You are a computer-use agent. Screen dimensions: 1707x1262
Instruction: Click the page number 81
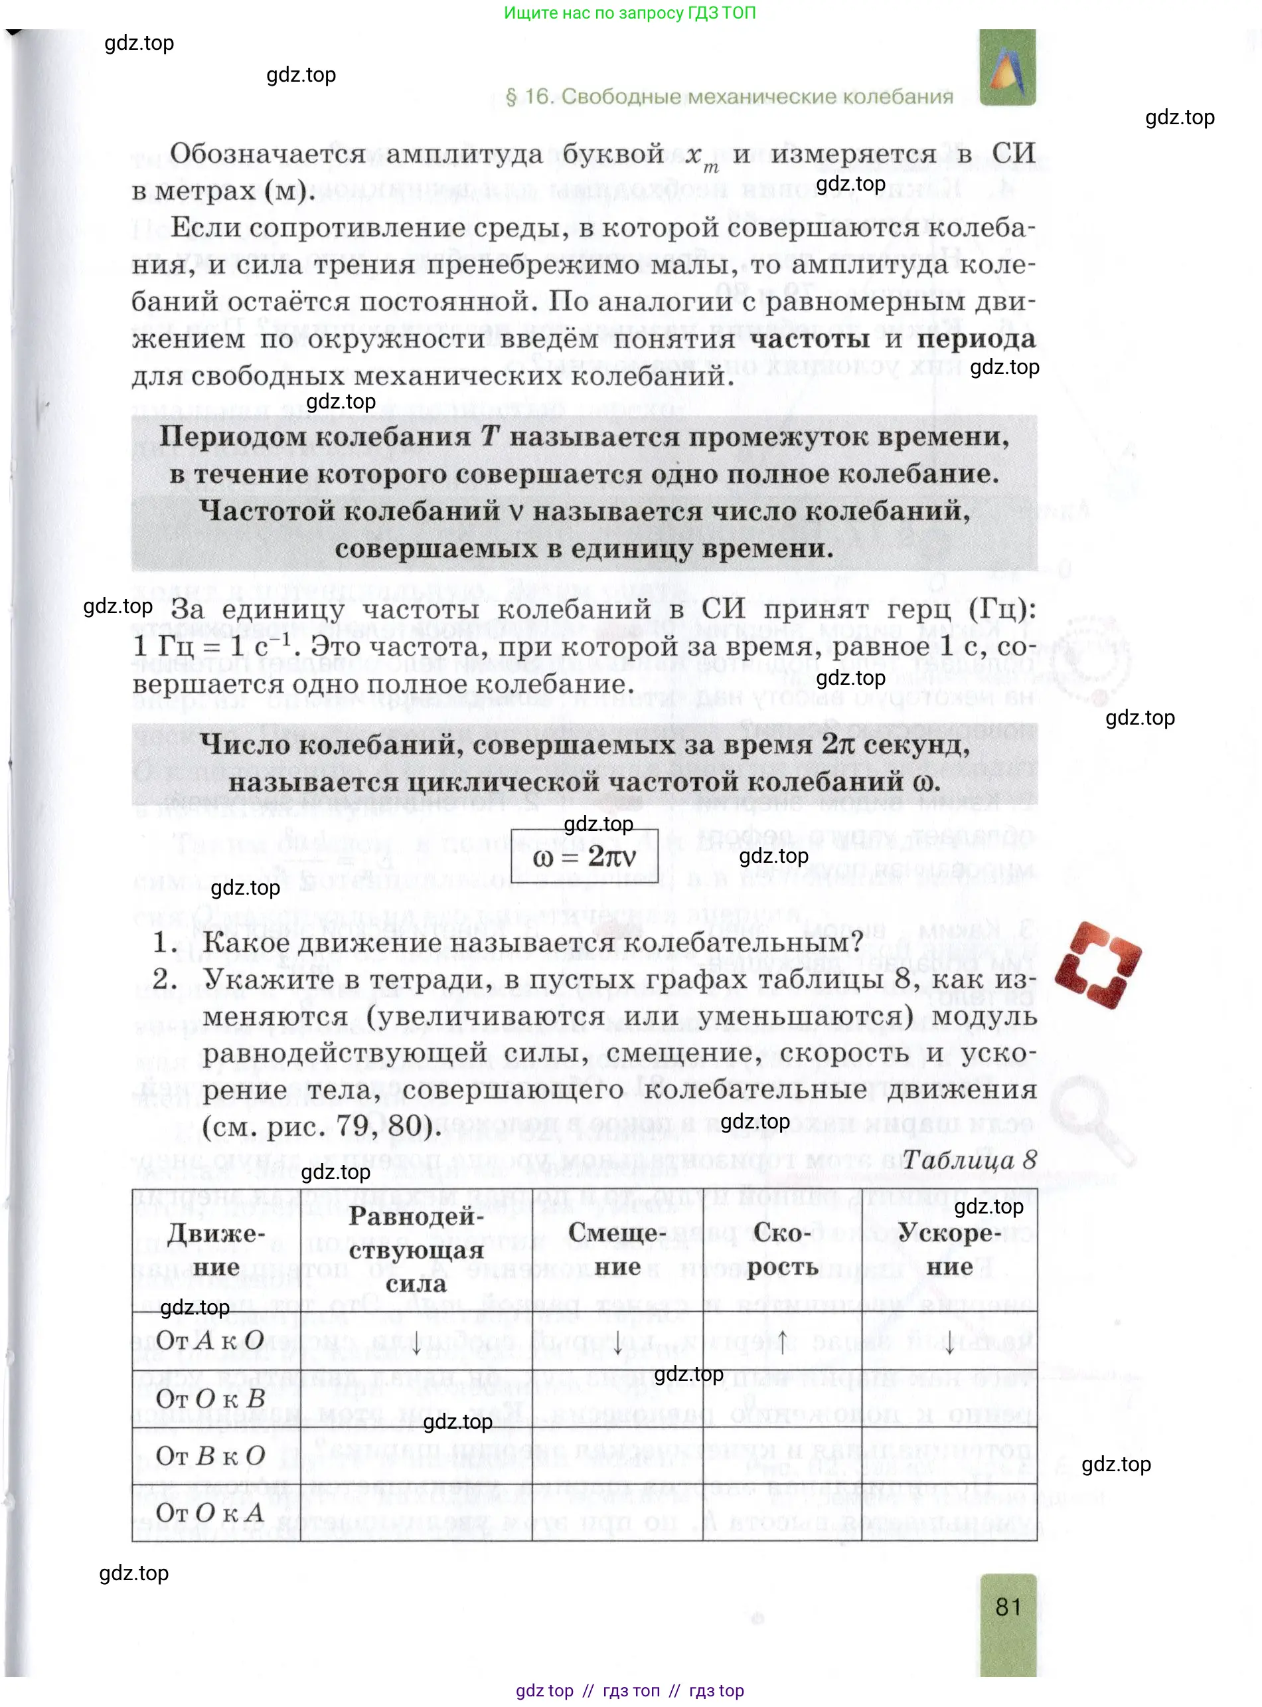(x=1008, y=1607)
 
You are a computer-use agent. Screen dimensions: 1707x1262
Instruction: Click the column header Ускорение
(x=949, y=1249)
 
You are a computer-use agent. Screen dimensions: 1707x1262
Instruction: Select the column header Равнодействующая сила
(x=416, y=1249)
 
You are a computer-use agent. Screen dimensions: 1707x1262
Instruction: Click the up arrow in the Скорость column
(x=782, y=1341)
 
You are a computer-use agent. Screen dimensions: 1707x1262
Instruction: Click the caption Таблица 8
(x=969, y=1160)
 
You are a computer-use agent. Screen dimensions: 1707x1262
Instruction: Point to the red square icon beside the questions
(x=1098, y=965)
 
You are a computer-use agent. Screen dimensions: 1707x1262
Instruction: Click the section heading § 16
(x=730, y=97)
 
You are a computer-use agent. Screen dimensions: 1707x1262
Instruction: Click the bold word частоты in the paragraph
(x=810, y=339)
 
